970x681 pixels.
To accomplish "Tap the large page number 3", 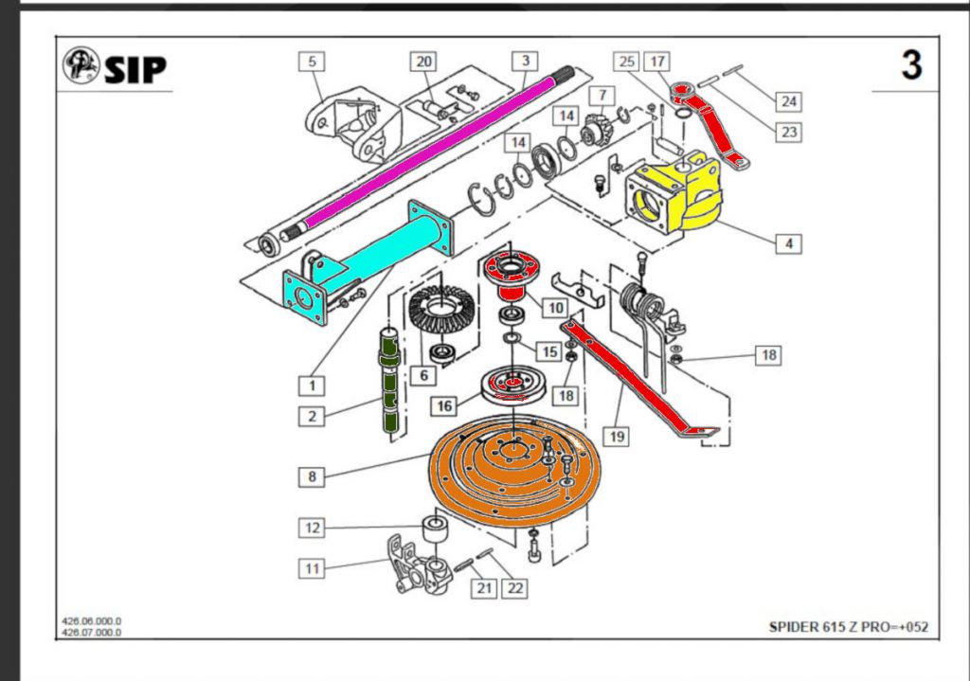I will click(x=910, y=66).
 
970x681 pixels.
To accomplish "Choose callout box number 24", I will click(x=788, y=100).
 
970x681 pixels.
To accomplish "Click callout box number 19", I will click(x=617, y=436).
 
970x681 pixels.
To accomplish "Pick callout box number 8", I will click(x=312, y=476).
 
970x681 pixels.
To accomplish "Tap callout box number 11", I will click(x=312, y=568).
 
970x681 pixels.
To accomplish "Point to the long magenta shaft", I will click(x=417, y=152).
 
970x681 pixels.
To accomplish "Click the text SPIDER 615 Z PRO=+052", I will click(x=849, y=628).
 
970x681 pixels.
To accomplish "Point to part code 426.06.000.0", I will click(x=92, y=621).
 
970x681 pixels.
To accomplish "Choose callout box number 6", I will click(x=423, y=376).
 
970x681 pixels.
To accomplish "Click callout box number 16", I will click(x=443, y=406).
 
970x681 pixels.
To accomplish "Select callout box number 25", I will click(x=626, y=62).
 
